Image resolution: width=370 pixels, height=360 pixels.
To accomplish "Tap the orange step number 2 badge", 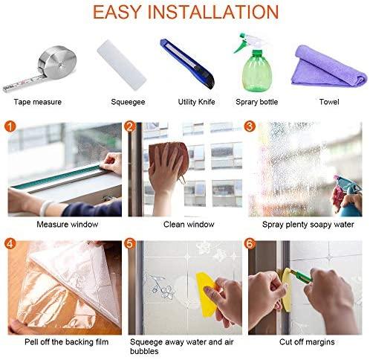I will tap(130, 126).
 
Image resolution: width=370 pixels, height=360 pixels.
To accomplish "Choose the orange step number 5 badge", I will tap(130, 242).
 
